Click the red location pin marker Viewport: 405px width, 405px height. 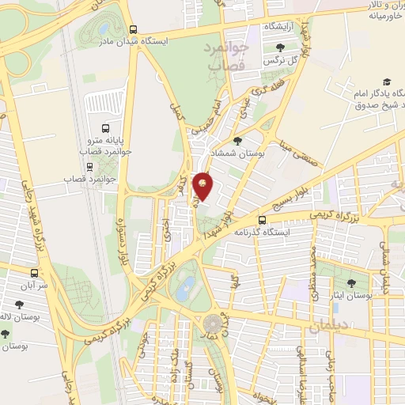203,185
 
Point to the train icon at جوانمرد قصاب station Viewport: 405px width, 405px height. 89,167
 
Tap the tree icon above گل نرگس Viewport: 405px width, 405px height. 279,46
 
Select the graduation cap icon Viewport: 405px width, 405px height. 387,81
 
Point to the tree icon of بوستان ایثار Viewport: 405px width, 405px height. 351,282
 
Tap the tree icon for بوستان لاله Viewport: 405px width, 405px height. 18,303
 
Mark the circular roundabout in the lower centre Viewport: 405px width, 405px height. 213,324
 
